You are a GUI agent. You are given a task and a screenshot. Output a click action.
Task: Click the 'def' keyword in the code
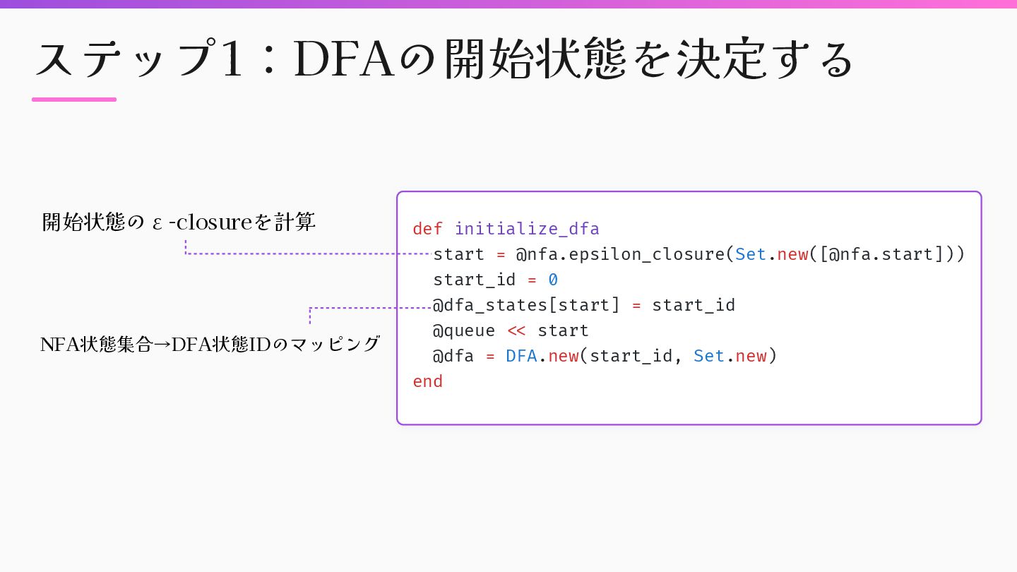coord(427,229)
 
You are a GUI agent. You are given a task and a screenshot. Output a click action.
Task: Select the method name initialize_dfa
coord(527,229)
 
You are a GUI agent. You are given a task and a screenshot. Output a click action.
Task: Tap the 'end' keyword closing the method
coord(427,381)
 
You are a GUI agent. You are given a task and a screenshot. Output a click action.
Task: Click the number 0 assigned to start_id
coord(553,280)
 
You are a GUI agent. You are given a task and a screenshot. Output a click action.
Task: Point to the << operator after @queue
coord(516,330)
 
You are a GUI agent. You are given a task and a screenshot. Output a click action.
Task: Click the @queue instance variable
coord(464,330)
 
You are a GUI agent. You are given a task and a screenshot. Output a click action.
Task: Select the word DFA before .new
coord(521,356)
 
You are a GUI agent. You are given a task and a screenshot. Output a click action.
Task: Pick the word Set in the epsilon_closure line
coord(750,254)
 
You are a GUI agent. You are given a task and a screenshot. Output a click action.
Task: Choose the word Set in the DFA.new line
coord(708,356)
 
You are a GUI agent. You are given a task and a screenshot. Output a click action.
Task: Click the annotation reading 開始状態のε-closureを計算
coord(179,222)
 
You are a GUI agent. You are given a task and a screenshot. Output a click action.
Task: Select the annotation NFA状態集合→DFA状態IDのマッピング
coord(210,345)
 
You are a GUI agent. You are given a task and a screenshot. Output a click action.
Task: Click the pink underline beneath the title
coord(74,100)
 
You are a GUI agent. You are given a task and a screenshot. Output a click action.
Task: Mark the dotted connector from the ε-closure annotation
coord(304,253)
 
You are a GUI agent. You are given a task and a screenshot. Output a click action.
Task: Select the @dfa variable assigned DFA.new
coord(453,356)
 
